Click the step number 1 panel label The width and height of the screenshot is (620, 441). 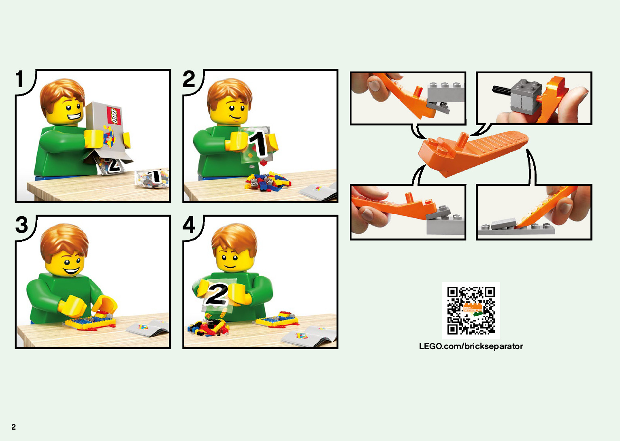[19, 79]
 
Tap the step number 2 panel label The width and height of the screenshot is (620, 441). [189, 79]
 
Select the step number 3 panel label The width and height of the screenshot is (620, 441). [21, 224]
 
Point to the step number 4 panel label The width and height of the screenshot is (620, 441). [189, 224]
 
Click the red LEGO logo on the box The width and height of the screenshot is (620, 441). [114, 115]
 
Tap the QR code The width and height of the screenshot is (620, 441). [471, 311]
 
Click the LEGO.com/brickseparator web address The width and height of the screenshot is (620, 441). [471, 346]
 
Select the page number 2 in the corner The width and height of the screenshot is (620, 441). [13, 426]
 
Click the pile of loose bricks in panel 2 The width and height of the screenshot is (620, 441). [267, 181]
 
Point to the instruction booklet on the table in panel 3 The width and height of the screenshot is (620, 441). [148, 328]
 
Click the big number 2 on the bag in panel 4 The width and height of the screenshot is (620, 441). [217, 294]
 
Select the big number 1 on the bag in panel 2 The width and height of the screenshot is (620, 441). [258, 144]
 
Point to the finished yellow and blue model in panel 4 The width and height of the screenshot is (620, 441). [277, 320]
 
